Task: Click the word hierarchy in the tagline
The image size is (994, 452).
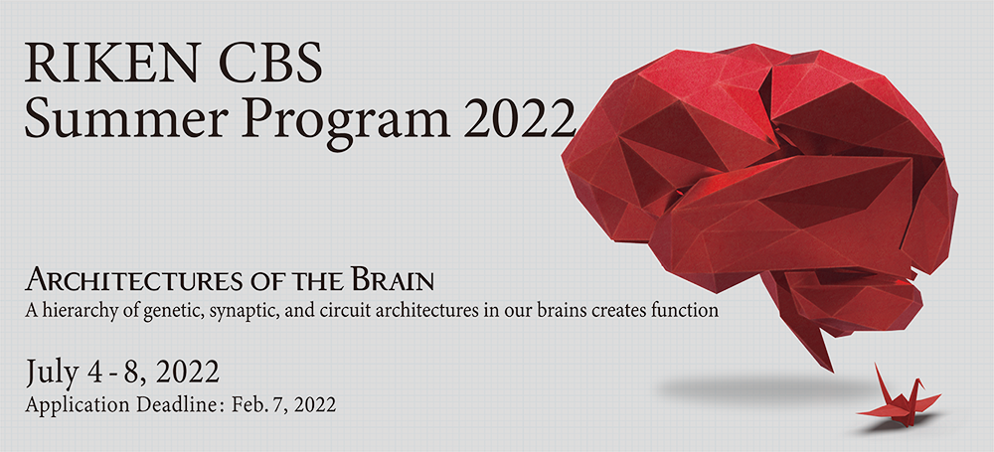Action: [66, 311]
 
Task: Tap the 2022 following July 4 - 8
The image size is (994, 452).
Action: [188, 373]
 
